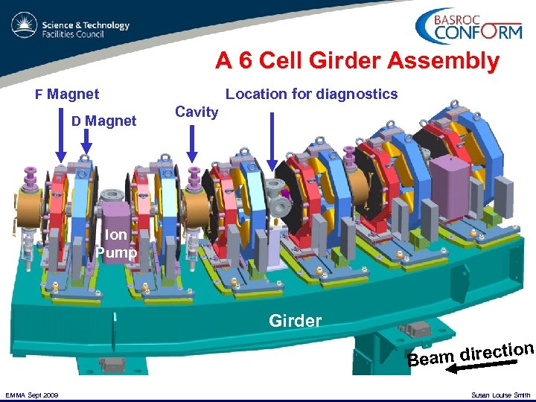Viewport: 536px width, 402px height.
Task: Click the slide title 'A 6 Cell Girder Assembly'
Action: tap(357, 60)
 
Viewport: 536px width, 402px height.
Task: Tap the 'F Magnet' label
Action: tap(68, 95)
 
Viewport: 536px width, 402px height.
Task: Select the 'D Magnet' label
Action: tap(103, 121)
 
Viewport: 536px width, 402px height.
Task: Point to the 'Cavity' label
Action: tap(197, 112)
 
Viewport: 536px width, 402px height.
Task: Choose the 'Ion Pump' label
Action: tap(116, 243)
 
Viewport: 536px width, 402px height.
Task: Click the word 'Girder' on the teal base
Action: tap(296, 321)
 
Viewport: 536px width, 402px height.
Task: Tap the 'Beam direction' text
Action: tap(470, 353)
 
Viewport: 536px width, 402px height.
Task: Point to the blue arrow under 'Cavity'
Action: tap(192, 143)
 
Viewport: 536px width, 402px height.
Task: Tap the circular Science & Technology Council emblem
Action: tap(24, 28)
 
